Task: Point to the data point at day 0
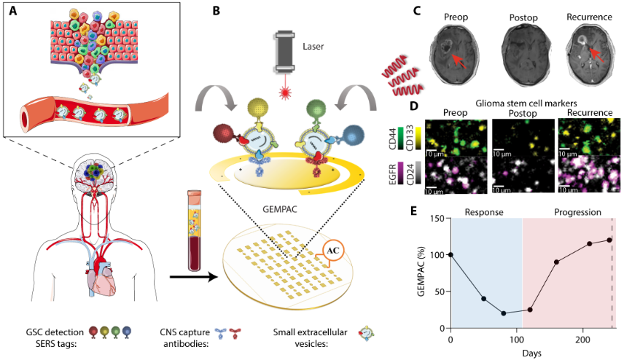(x=451, y=255)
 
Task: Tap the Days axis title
(x=531, y=352)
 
